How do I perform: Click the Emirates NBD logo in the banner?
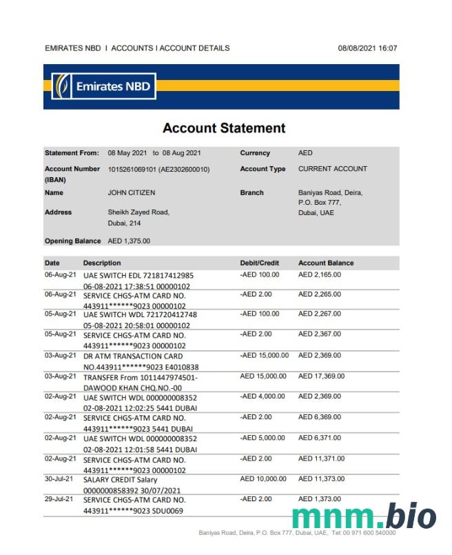105,87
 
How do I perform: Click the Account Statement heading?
224,128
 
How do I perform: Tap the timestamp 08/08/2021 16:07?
367,48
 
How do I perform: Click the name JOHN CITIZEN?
132,193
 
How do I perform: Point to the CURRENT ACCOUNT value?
333,169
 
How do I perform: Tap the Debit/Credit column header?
259,263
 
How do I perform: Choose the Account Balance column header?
326,263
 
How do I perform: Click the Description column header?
102,263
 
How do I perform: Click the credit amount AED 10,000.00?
263,478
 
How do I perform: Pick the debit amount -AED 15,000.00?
265,356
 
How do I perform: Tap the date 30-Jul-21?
59,478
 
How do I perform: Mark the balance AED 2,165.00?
320,274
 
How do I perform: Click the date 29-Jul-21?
59,498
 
